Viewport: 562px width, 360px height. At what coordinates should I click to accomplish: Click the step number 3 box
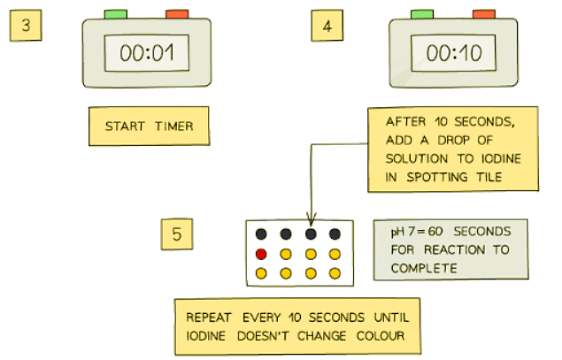(27, 25)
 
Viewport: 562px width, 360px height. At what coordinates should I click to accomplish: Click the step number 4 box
(327, 25)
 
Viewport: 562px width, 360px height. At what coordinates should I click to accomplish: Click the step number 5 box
(177, 234)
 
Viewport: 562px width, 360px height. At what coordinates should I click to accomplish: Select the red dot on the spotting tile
(261, 254)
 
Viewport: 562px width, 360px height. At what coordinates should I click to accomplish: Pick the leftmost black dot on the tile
(261, 234)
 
